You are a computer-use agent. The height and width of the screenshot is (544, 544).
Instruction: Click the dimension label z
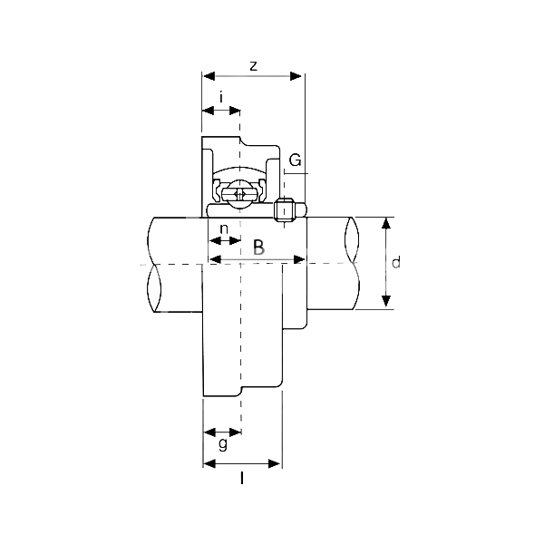254,66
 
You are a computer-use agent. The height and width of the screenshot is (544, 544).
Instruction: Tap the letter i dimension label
221,97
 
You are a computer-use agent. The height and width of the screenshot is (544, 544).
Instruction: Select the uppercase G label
296,160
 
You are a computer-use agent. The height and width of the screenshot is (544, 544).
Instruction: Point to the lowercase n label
224,229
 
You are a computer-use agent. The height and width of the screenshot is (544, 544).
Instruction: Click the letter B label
258,247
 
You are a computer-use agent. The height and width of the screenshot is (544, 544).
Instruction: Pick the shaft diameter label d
396,262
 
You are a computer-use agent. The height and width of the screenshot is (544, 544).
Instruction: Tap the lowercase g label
223,443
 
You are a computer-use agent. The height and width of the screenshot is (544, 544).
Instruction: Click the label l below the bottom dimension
242,479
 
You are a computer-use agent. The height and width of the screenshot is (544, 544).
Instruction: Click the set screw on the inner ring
284,209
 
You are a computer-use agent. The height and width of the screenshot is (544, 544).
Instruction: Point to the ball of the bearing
240,195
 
